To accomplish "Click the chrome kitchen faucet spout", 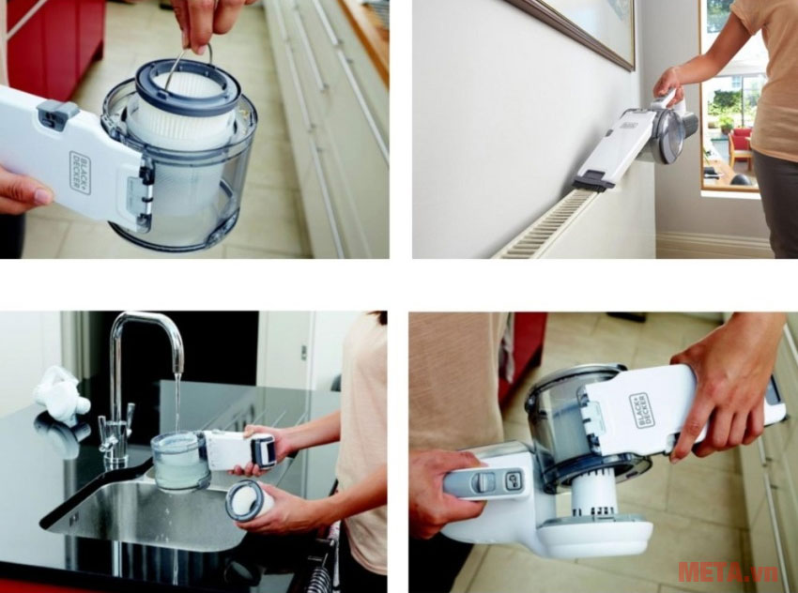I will pos(150,328).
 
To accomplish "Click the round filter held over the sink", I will pos(246,499).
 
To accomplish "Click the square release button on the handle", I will pos(514,479).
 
